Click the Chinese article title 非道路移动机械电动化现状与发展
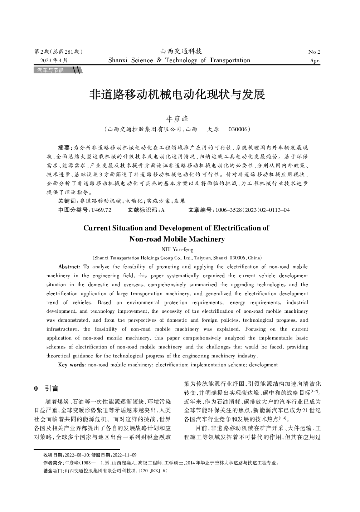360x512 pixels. click(x=177, y=95)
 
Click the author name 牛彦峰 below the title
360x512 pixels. click(x=176, y=119)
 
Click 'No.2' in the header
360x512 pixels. click(x=314, y=52)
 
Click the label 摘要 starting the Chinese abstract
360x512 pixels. click(x=65, y=147)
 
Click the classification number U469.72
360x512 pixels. click(x=101, y=210)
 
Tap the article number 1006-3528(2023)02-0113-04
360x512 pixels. click(x=253, y=210)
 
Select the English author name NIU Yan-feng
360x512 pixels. click(x=177, y=250)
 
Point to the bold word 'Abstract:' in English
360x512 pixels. click(x=69, y=267)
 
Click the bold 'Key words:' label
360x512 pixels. click(x=72, y=365)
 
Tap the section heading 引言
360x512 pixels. click(x=52, y=389)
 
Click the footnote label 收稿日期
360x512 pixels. click(x=53, y=455)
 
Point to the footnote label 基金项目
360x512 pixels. click(x=53, y=471)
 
